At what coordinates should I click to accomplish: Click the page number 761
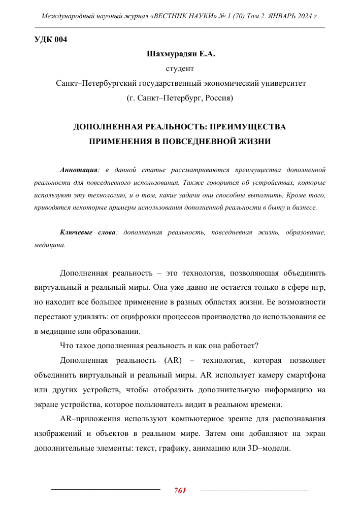pyautogui.click(x=180, y=490)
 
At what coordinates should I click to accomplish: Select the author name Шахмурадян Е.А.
pyautogui.click(x=180, y=53)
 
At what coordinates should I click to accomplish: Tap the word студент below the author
pyautogui.click(x=180, y=67)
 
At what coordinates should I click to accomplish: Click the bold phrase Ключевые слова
pyautogui.click(x=88, y=232)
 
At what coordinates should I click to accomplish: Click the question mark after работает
pyautogui.click(x=257, y=346)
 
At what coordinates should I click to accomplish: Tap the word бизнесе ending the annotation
pyautogui.click(x=303, y=208)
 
